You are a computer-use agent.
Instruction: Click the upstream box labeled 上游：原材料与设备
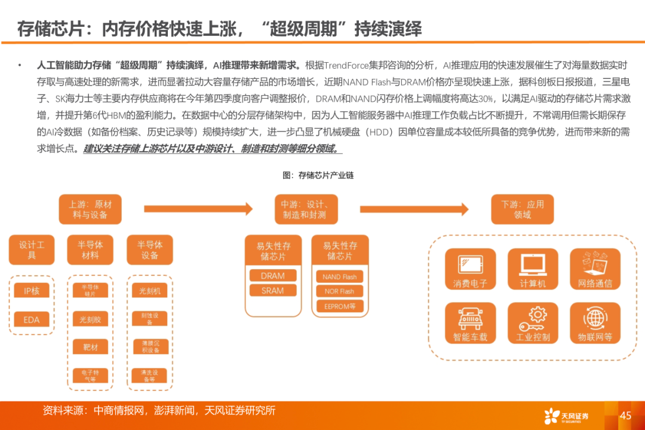click(90, 209)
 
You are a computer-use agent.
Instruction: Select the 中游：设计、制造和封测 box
click(305, 209)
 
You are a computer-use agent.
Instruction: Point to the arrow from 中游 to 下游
click(414, 209)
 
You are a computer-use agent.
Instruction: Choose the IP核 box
click(32, 291)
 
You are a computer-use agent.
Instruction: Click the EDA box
click(32, 319)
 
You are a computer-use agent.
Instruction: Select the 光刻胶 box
click(90, 319)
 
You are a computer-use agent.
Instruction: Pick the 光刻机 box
click(149, 291)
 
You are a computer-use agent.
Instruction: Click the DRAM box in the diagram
click(273, 276)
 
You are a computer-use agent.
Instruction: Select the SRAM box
click(273, 291)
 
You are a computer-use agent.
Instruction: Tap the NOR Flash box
click(339, 291)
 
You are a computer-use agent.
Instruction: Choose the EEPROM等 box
click(339, 306)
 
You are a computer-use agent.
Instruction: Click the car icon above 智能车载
click(470, 318)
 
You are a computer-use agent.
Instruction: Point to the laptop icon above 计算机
click(532, 263)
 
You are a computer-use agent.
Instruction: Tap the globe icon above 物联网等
click(595, 317)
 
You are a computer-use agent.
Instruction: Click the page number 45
click(625, 416)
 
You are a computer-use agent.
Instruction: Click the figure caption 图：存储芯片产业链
click(318, 175)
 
